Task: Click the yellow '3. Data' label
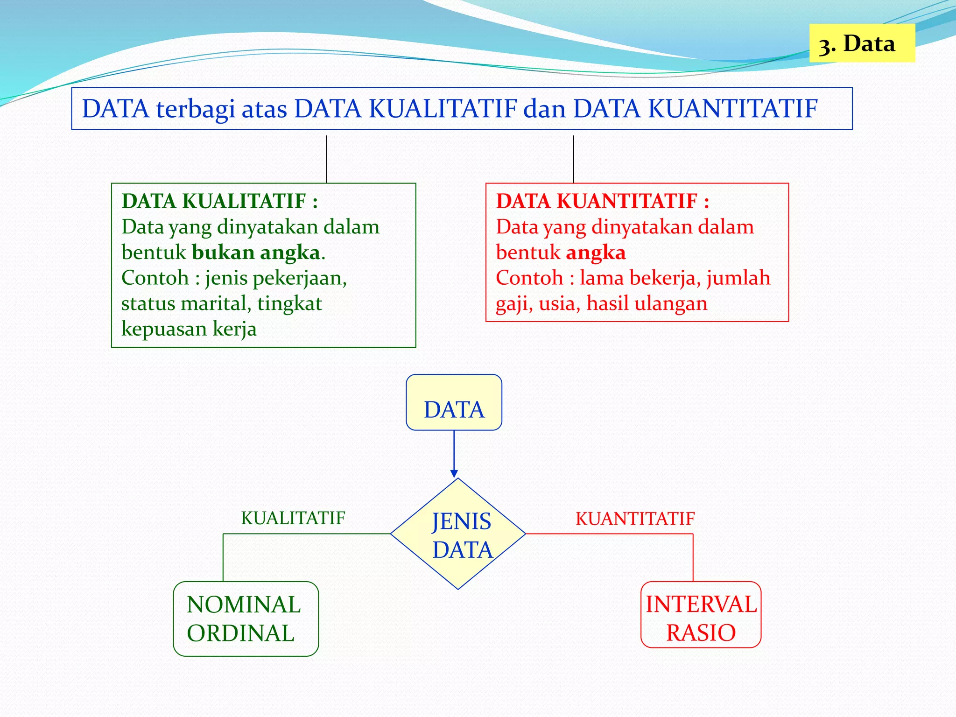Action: click(861, 43)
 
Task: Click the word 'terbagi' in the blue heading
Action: click(196, 109)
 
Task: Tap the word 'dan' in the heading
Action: click(545, 109)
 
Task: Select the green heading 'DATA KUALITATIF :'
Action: click(219, 202)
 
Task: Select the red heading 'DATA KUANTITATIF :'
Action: click(602, 202)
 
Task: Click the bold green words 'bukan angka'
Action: click(256, 253)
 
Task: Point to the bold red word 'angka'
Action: click(596, 253)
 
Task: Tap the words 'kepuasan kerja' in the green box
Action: click(189, 329)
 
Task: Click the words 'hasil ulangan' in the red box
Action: click(647, 303)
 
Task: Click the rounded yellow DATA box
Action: click(454, 403)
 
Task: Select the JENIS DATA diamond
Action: click(458, 534)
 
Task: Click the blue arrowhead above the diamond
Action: click(454, 473)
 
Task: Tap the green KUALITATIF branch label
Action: click(293, 518)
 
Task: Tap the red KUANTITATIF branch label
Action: click(635, 519)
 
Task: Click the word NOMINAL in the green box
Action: click(244, 605)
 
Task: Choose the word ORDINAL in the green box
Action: click(240, 633)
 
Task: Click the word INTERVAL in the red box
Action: click(701, 605)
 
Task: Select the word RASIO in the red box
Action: click(701, 633)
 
